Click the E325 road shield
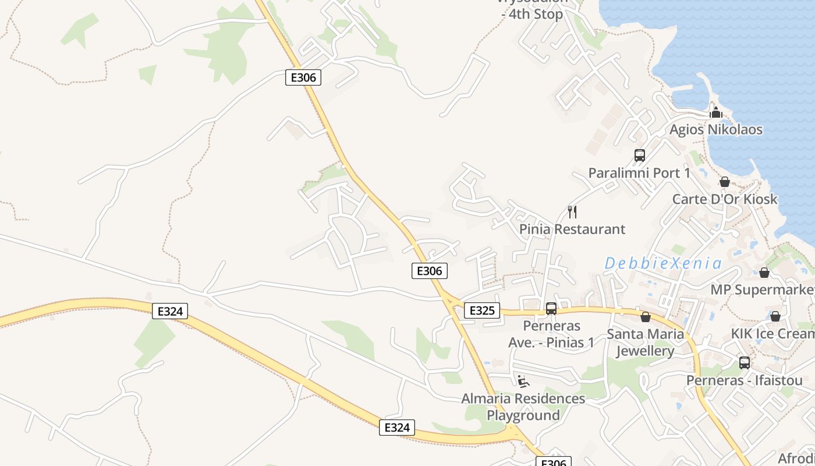tap(481, 310)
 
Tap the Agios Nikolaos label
tap(715, 129)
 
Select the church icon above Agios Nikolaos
tap(716, 112)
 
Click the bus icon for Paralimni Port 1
tap(639, 156)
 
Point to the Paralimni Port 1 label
tap(639, 173)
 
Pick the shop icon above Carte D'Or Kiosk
tap(725, 182)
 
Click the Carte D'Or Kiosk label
tap(725, 199)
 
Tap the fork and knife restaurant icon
tap(572, 211)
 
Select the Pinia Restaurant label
tap(572, 229)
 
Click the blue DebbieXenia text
tap(663, 263)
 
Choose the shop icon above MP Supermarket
tap(764, 272)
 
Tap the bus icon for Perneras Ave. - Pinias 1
tap(551, 309)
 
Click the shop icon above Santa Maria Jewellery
tap(645, 317)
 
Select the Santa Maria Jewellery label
tap(645, 343)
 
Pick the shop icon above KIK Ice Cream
tap(775, 316)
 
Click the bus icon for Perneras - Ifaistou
tap(744, 363)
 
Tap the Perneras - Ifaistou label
tap(744, 380)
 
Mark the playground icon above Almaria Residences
tap(523, 382)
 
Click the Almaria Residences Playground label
tap(523, 407)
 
